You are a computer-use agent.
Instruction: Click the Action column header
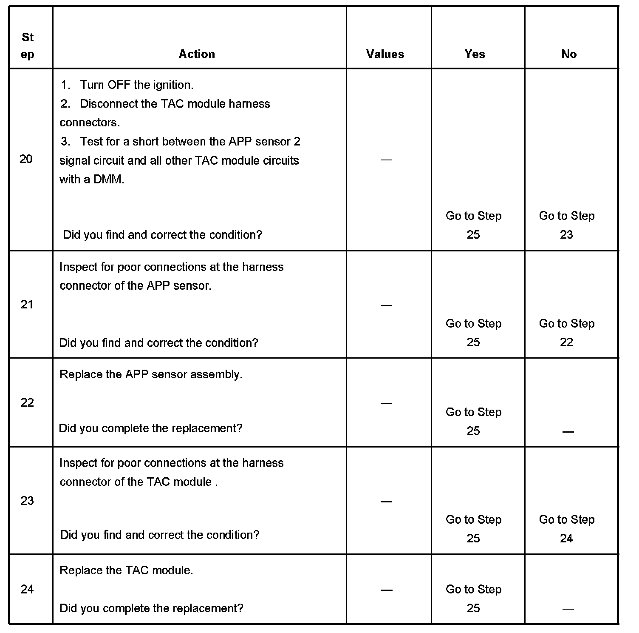[197, 54]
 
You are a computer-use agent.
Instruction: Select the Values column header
[385, 54]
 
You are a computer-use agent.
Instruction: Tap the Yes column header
[475, 54]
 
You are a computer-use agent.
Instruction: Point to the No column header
[569, 54]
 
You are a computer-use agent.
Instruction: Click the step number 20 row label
[26, 159]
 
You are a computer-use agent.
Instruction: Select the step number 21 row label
[27, 305]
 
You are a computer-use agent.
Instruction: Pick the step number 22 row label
[27, 402]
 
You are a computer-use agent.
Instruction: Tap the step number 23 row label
[27, 501]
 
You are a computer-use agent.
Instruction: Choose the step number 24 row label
[27, 589]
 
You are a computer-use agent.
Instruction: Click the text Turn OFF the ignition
[136, 85]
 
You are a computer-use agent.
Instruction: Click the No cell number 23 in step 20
[566, 235]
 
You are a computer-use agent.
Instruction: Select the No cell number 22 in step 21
[566, 342]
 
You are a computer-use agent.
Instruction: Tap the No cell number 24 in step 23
[566, 539]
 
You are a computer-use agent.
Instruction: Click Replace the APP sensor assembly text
[151, 374]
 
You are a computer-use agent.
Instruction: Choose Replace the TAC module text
[126, 570]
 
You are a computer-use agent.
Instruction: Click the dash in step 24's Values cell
[386, 590]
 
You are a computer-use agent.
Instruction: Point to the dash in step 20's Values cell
[386, 160]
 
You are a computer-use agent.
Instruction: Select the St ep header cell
[28, 46]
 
